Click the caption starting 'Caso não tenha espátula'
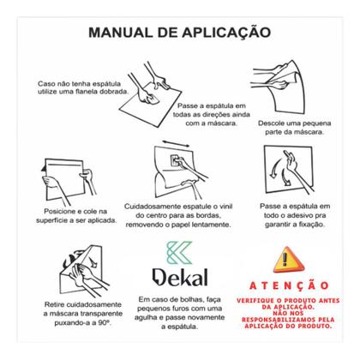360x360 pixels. click(78, 87)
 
